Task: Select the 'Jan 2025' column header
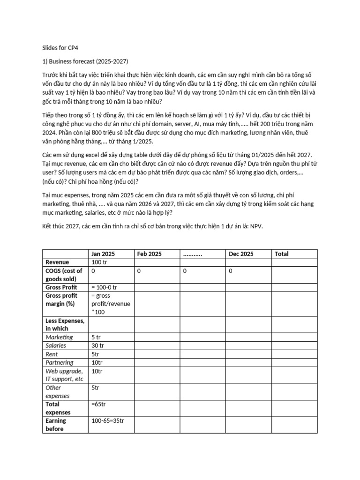pos(103,254)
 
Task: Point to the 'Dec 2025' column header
pos(241,254)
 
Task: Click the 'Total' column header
pos(282,254)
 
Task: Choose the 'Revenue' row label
pos(57,262)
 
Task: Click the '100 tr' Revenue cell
pos(99,262)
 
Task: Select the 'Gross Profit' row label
pos(61,287)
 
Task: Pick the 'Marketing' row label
pos(59,337)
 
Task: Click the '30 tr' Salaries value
pos(98,345)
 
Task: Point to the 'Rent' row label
pos(52,354)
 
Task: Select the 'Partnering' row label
pos(60,362)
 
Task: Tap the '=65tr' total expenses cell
pos(99,404)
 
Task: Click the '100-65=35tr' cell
pos(108,420)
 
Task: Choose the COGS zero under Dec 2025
pos(231,270)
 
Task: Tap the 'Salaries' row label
pos(56,345)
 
